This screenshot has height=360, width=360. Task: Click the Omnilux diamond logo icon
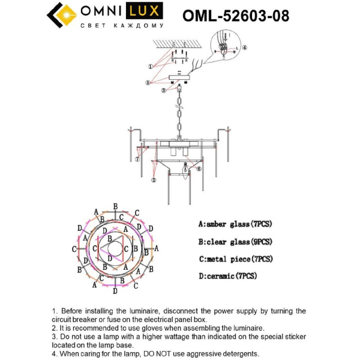[61, 16]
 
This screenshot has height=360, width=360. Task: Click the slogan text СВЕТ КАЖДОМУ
[122, 26]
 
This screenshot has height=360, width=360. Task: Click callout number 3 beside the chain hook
[163, 91]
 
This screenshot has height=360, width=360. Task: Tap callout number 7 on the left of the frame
[137, 160]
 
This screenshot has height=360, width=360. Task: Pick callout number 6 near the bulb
[199, 169]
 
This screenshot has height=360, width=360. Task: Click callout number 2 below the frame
[154, 179]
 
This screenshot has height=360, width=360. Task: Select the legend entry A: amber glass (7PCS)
[235, 224]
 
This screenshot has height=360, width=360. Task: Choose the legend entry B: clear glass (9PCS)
[235, 242]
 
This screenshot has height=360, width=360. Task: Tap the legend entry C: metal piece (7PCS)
[235, 259]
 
